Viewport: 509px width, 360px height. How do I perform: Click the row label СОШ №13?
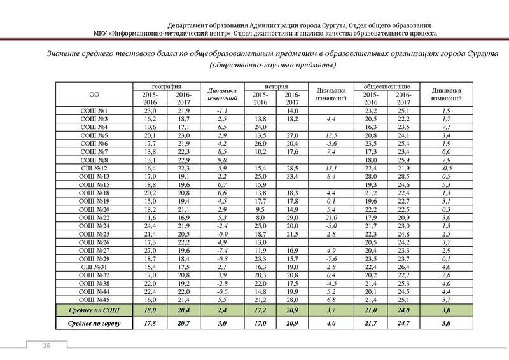pyautogui.click(x=94, y=176)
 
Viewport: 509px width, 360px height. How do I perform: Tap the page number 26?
pyautogui.click(x=46, y=345)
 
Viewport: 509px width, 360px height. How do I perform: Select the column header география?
pyautogui.click(x=164, y=85)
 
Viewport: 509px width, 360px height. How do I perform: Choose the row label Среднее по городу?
pyautogui.click(x=94, y=324)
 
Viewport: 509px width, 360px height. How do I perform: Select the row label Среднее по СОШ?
pyautogui.click(x=94, y=310)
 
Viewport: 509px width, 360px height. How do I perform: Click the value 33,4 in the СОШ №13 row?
pyautogui.click(x=292, y=176)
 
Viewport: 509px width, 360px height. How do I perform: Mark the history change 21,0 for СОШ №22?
pyautogui.click(x=330, y=217)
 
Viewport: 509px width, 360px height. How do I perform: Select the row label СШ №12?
pyautogui.click(x=94, y=168)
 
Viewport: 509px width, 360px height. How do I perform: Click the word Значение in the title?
pyautogui.click(x=69, y=55)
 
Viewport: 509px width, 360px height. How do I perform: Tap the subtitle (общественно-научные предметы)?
pyautogui.click(x=273, y=66)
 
